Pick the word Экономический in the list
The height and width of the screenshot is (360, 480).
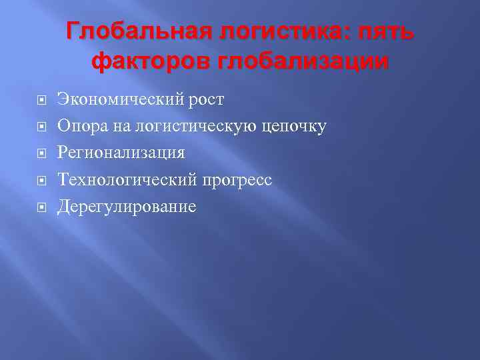[119, 100]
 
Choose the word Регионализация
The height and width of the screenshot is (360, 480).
[121, 153]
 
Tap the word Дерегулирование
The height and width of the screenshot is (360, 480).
[127, 207]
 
